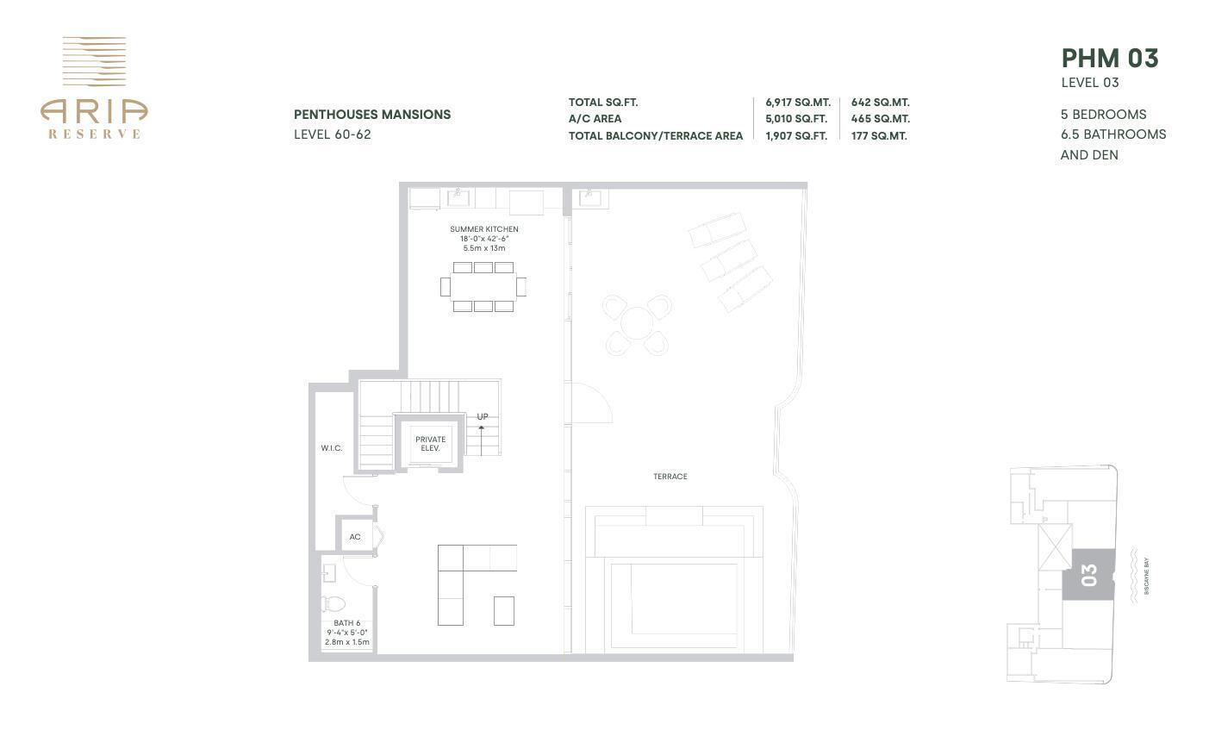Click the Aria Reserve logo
point(94,87)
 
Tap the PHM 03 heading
point(1109,59)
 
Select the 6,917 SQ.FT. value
point(797,102)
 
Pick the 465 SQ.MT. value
point(880,119)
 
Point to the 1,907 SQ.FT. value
point(795,135)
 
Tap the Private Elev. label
point(430,444)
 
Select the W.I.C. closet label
point(331,448)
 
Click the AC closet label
point(354,537)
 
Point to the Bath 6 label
point(346,623)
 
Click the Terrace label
point(670,477)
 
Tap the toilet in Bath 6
point(333,603)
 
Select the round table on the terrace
point(637,325)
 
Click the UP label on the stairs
point(482,416)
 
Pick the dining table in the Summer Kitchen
point(483,286)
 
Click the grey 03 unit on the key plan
point(1087,575)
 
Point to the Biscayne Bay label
point(1146,577)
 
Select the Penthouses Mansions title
point(371,115)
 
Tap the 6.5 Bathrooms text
point(1112,134)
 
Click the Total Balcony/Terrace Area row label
point(655,135)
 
